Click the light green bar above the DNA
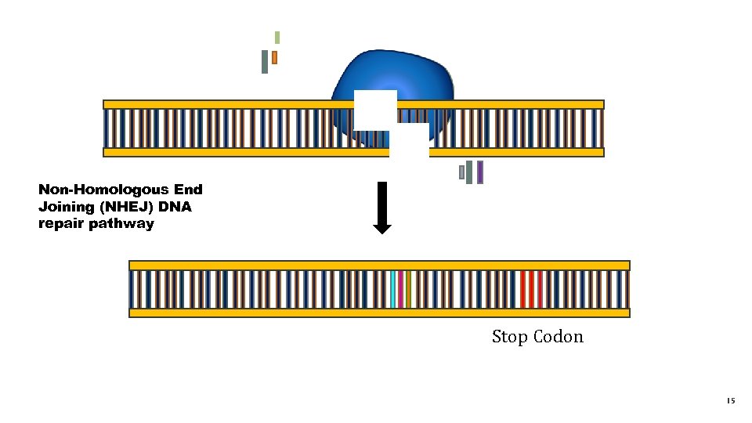[277, 38]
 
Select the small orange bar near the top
[275, 57]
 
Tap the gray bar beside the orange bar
[265, 62]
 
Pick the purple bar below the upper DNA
[480, 172]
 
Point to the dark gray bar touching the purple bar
[469, 172]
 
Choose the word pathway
[126, 224]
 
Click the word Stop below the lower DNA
[509, 337]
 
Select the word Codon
[559, 337]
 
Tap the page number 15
[730, 401]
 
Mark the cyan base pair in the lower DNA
[393, 289]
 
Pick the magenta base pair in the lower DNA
[401, 289]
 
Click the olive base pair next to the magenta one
[409, 289]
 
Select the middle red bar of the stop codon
[531, 289]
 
